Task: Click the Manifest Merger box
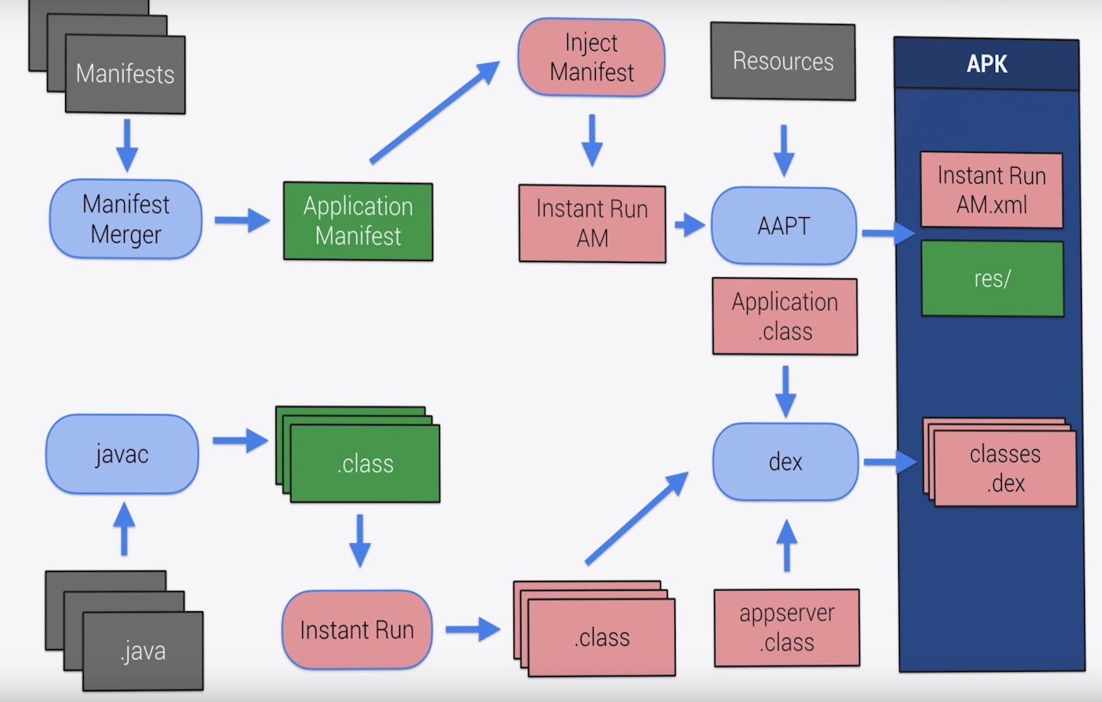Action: [x=126, y=220]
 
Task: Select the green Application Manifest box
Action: [x=358, y=221]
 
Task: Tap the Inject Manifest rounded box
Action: [x=591, y=57]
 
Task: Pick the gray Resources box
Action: [x=783, y=61]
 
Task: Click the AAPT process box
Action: [x=783, y=226]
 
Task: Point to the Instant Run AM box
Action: [x=592, y=223]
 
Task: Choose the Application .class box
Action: [x=784, y=316]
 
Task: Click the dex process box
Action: [x=785, y=462]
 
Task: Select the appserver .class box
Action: [x=787, y=628]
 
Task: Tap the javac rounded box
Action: [x=122, y=454]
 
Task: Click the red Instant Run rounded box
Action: [x=356, y=630]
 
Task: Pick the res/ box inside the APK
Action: [x=992, y=278]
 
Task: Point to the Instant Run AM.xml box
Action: [x=991, y=190]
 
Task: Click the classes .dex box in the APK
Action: [x=1004, y=469]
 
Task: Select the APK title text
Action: [x=987, y=64]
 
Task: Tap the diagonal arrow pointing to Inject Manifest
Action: [x=434, y=112]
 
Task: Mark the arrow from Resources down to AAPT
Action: [x=783, y=150]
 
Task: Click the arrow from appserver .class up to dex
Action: [x=787, y=545]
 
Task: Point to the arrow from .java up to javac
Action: [x=124, y=529]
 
